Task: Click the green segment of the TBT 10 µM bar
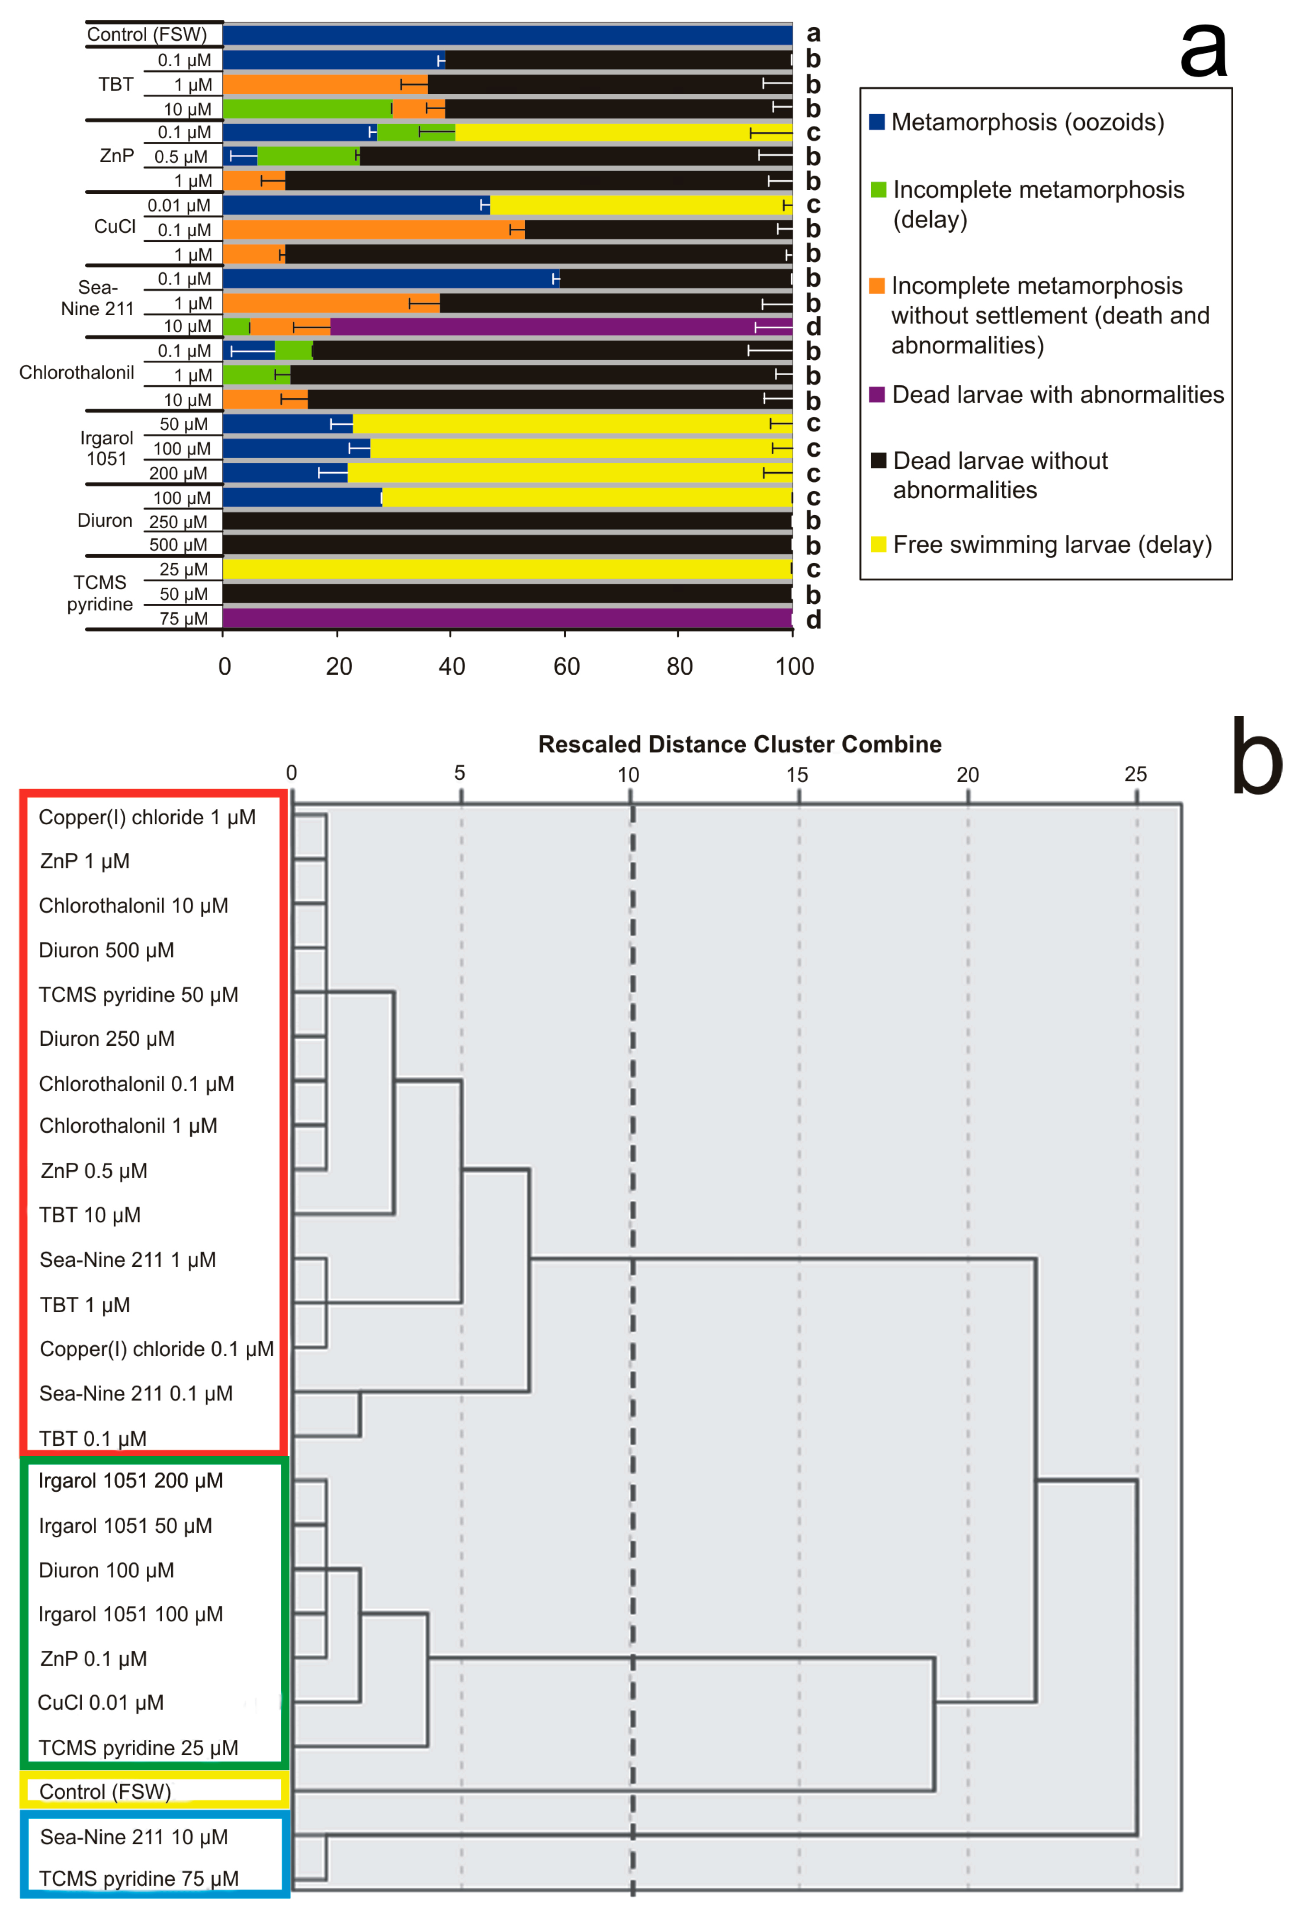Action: click(307, 109)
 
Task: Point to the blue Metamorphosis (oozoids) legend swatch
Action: click(877, 122)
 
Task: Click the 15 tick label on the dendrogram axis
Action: click(796, 774)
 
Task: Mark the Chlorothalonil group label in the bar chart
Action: click(77, 373)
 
